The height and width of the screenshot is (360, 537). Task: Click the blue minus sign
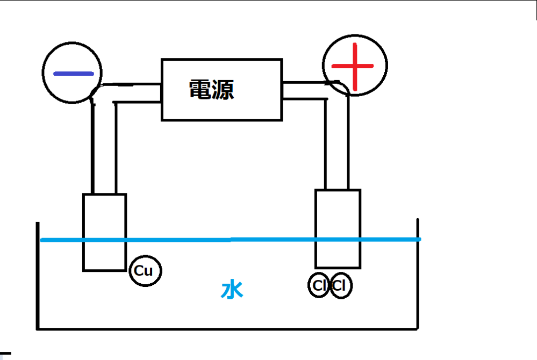click(74, 73)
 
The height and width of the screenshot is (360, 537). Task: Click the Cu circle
click(145, 271)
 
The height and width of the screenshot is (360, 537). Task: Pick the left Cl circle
click(319, 285)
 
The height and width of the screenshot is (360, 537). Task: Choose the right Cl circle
click(340, 285)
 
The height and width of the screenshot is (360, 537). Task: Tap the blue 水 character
click(232, 290)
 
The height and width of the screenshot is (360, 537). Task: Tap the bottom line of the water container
click(226, 328)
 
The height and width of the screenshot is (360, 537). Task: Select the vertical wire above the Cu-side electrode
click(104, 150)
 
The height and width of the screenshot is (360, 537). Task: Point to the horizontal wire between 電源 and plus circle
click(304, 91)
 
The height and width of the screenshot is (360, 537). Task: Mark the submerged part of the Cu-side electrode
click(104, 255)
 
